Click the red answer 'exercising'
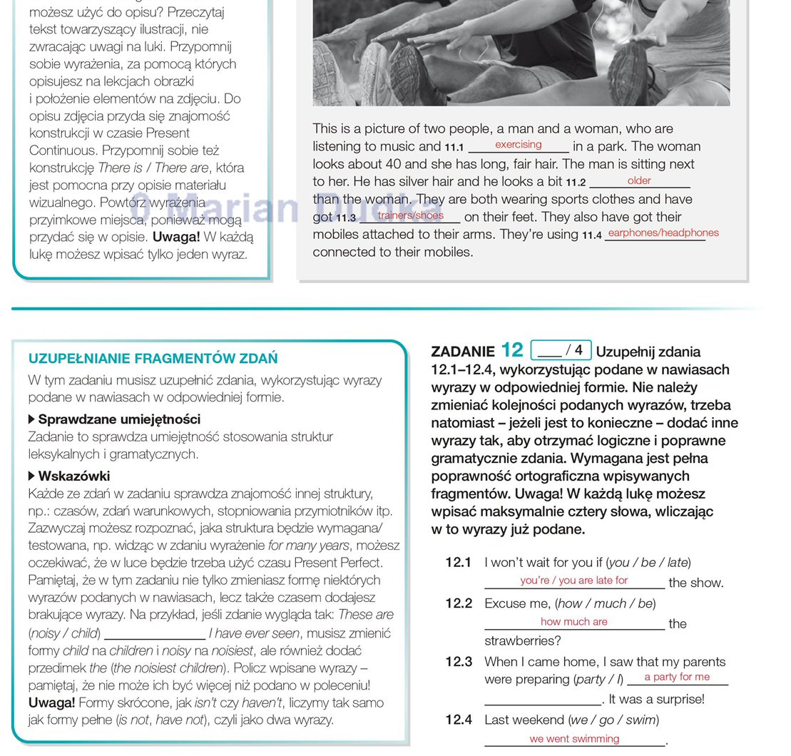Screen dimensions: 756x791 [x=519, y=145]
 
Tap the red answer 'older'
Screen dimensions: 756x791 [x=639, y=180]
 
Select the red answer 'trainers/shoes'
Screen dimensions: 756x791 [x=411, y=215]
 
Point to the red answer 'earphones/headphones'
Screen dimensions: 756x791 [x=663, y=233]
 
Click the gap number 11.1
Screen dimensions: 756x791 [x=454, y=148]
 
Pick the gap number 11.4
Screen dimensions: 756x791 [x=592, y=235]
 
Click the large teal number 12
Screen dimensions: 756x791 [x=512, y=350]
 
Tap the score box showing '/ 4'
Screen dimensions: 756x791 [x=562, y=350]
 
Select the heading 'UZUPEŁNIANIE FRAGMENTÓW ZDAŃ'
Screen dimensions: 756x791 [x=153, y=359]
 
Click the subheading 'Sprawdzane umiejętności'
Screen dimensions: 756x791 [x=119, y=419]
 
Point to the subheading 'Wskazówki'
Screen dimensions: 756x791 [x=73, y=476]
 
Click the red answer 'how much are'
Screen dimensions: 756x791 [x=574, y=622]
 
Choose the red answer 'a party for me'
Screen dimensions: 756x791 [x=677, y=677]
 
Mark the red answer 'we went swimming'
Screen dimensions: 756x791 [x=574, y=739]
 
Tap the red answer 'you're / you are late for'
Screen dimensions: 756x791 [x=574, y=581]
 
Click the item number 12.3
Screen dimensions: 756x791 [x=459, y=662]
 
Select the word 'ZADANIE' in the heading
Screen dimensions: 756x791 [x=463, y=352]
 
